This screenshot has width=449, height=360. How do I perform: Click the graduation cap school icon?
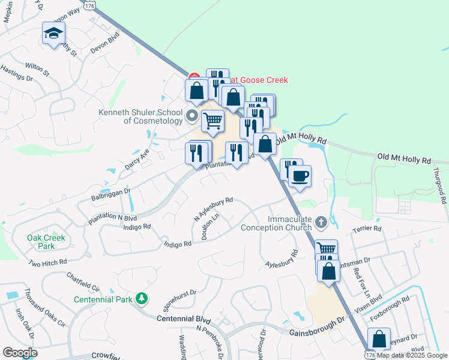tap(53, 33)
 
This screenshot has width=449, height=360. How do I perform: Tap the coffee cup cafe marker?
tap(300, 176)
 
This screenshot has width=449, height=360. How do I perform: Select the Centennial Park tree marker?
tap(141, 298)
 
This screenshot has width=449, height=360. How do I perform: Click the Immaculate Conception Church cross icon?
tap(321, 223)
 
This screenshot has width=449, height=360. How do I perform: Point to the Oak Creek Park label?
tap(46, 241)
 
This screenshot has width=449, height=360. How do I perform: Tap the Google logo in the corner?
tap(20, 353)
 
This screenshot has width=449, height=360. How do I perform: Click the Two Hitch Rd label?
tap(47, 263)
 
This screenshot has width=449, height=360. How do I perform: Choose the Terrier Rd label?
tap(368, 229)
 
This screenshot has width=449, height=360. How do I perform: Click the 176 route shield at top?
tap(89, 5)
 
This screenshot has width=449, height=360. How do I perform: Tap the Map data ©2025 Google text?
tap(412, 355)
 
